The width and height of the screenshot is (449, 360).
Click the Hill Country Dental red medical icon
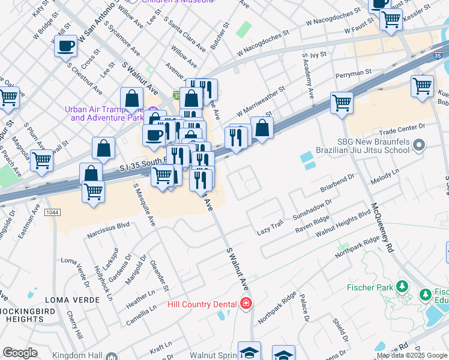pyautogui.click(x=245, y=304)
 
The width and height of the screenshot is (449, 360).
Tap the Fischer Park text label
pyautogui.click(x=369, y=287)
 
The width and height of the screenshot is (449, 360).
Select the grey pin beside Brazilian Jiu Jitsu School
pyautogui.click(x=420, y=145)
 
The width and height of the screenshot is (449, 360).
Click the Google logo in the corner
pyautogui.click(x=20, y=353)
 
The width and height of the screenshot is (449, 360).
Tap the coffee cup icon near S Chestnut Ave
pyautogui.click(x=65, y=46)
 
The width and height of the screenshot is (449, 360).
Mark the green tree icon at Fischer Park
pyautogui.click(x=400, y=286)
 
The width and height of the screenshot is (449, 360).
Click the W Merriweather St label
pyautogui.click(x=260, y=101)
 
